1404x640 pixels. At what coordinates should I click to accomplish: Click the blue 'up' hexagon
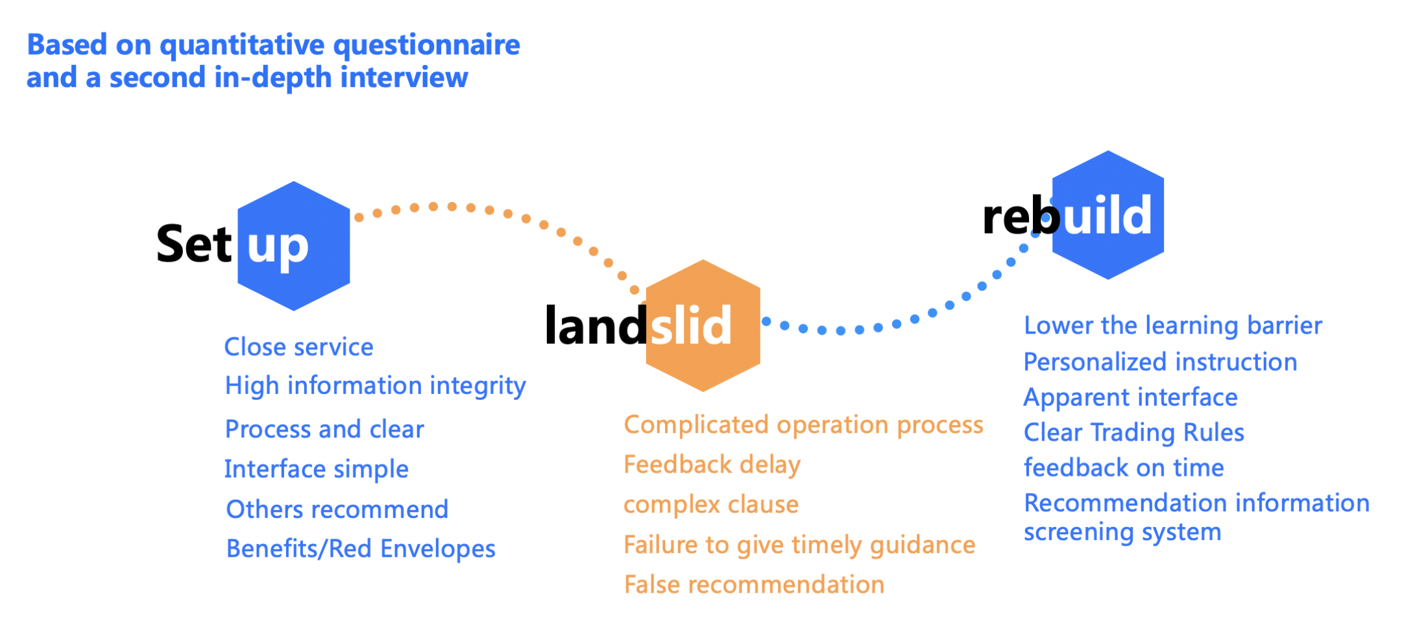pyautogui.click(x=294, y=246)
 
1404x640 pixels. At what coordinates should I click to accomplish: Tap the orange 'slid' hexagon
pyautogui.click(x=703, y=326)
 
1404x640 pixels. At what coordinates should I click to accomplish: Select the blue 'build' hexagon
pyautogui.click(x=1108, y=215)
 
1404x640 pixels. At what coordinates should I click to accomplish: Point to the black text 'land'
pyautogui.click(x=596, y=325)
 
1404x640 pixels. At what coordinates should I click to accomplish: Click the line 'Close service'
pyautogui.click(x=298, y=347)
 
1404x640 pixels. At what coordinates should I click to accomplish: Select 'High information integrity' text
pyautogui.click(x=375, y=386)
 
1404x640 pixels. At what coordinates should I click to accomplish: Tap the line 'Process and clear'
pyautogui.click(x=324, y=429)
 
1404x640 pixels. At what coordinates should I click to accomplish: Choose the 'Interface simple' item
pyautogui.click(x=317, y=469)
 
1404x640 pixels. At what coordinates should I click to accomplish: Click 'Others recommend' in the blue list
pyautogui.click(x=337, y=510)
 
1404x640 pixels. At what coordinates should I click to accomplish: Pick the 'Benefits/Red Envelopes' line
pyautogui.click(x=361, y=548)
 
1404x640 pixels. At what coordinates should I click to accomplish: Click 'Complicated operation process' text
pyautogui.click(x=804, y=425)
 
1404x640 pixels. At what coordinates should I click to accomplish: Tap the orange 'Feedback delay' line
pyautogui.click(x=712, y=465)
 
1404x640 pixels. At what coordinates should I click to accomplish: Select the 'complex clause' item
pyautogui.click(x=711, y=504)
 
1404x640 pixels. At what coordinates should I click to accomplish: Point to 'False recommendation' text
pyautogui.click(x=754, y=585)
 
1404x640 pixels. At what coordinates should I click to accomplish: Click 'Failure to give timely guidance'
pyautogui.click(x=799, y=545)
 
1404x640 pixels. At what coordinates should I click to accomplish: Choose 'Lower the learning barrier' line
pyautogui.click(x=1173, y=326)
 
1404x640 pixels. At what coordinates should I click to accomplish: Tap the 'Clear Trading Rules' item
pyautogui.click(x=1134, y=432)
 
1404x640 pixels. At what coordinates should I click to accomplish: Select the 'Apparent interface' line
pyautogui.click(x=1131, y=397)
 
